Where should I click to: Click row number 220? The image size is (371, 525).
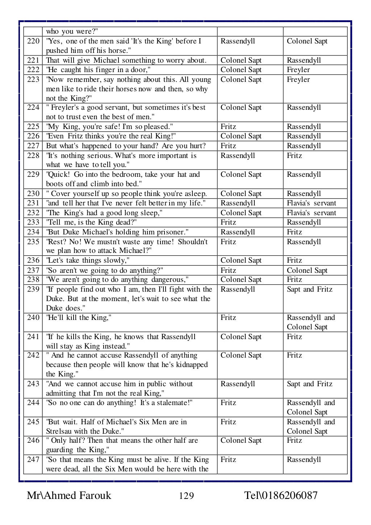click(33, 41)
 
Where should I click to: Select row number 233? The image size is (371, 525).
click(33, 222)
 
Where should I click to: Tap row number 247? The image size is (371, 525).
click(33, 460)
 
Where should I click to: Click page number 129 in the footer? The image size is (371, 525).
click(186, 496)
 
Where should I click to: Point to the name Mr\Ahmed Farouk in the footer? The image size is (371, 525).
click(69, 495)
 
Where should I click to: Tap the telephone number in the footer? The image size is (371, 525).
click(281, 495)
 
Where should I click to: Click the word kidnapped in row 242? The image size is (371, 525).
click(192, 365)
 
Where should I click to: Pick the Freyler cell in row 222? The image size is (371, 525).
click(298, 70)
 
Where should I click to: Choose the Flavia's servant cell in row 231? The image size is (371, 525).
click(311, 203)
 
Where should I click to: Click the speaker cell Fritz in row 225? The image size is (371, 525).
click(228, 127)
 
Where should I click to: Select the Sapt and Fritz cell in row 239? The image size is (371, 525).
click(309, 289)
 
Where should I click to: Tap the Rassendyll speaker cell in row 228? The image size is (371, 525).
click(238, 156)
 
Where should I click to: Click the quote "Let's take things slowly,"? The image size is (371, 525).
click(88, 261)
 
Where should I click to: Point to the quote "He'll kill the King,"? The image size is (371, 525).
click(79, 318)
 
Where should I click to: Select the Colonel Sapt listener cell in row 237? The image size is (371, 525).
click(307, 271)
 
